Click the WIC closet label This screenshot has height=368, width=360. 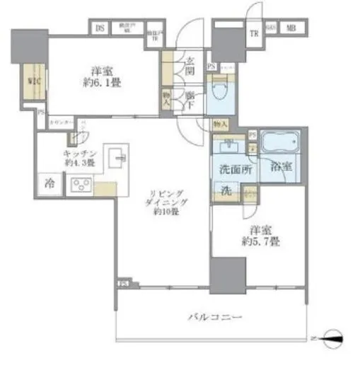(33, 81)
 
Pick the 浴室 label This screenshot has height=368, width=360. (281, 167)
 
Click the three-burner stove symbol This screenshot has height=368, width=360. (81, 187)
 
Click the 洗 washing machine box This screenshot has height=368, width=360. (223, 192)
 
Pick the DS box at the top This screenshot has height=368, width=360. (100, 29)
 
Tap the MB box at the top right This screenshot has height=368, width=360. (291, 28)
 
